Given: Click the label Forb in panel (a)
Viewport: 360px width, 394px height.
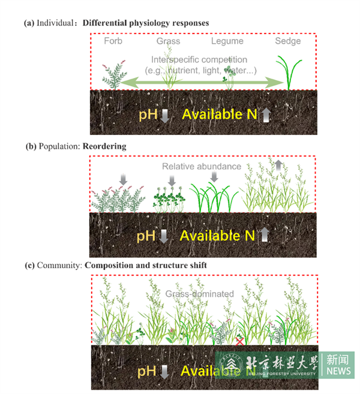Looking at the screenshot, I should [x=113, y=41].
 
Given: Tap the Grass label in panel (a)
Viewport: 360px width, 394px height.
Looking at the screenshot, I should [x=168, y=41].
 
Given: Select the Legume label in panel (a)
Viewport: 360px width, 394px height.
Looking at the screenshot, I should [x=227, y=41].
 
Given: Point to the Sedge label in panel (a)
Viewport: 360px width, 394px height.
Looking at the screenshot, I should [x=288, y=41].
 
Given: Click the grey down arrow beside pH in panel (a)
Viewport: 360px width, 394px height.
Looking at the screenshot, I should [x=166, y=115].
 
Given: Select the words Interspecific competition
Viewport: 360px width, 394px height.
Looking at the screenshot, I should [x=199, y=59].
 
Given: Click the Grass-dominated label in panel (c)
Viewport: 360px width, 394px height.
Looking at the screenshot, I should [x=199, y=294].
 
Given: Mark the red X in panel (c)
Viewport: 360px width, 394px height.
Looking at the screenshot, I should [x=239, y=341].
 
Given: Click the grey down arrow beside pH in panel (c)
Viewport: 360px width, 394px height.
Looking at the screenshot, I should [x=165, y=372].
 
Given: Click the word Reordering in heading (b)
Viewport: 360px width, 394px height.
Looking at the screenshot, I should [x=105, y=146].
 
